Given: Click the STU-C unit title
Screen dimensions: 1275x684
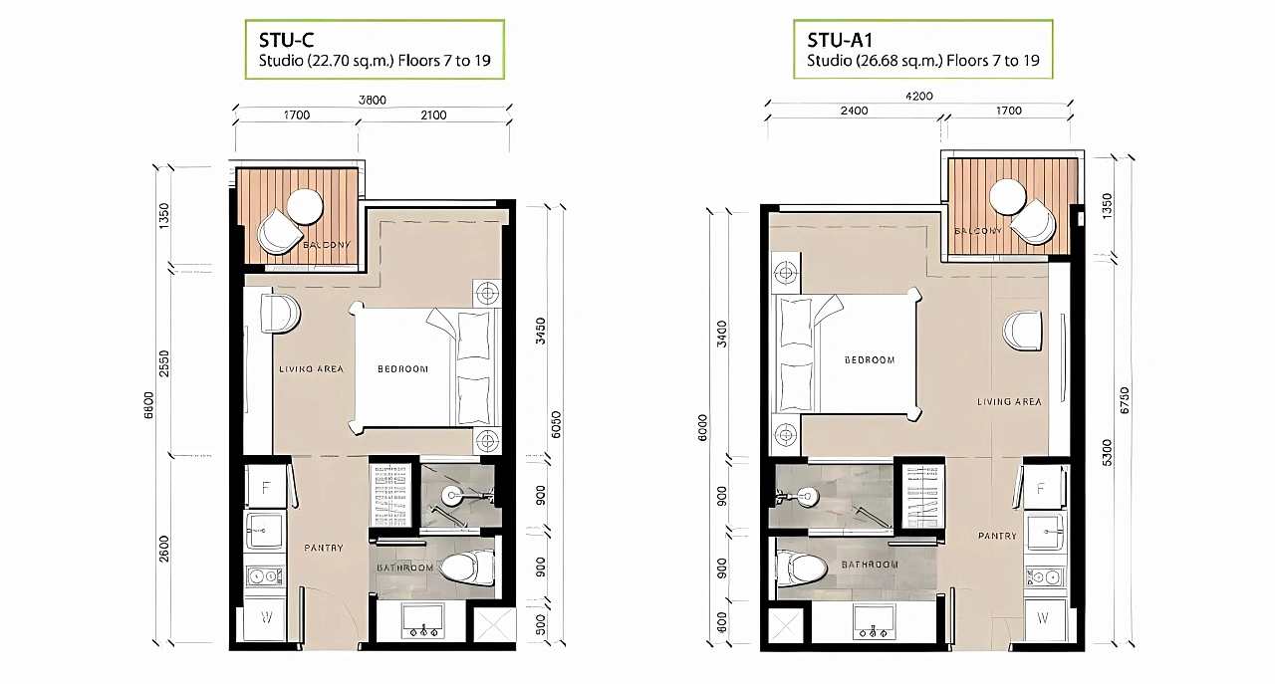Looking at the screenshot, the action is point(286,40).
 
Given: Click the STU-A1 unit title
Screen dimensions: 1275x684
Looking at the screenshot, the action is point(840,40).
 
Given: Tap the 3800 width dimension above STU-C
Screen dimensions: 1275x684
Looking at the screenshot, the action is point(373,101).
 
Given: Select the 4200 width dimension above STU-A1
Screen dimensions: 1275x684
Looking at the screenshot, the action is point(918,97).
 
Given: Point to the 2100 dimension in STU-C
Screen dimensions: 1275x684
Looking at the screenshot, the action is point(433,114).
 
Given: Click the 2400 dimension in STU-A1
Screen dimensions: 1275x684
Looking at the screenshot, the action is point(854,111).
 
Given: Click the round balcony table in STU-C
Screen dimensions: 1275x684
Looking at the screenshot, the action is point(305,206).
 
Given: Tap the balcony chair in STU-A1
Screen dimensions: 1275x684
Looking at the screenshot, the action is point(1034,221).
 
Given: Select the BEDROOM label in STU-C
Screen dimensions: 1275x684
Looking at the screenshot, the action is point(402,369).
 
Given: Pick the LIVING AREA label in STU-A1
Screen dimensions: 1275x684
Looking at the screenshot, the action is point(1009,402).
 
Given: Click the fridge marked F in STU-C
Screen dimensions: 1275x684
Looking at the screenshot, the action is point(265,488).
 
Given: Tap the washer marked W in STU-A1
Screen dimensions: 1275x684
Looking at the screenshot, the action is point(1042,618).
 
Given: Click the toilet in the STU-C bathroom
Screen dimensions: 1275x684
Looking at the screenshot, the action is point(467,568).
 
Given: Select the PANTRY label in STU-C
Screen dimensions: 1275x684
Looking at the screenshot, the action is point(324,548).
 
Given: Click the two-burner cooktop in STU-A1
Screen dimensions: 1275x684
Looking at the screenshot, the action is point(1044,577).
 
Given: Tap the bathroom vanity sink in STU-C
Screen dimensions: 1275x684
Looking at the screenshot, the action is point(423,621).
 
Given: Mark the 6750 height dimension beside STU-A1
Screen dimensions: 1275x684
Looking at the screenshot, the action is point(1125,400).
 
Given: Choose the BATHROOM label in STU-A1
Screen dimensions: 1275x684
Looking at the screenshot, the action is point(870,565).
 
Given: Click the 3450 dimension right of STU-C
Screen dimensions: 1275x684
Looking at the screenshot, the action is point(541,332).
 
